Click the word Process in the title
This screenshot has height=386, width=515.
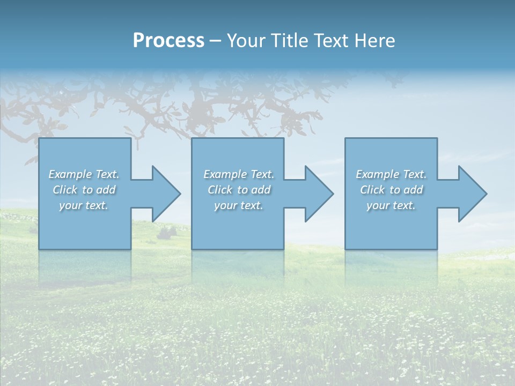pos(168,41)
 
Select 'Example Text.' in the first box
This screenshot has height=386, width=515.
pos(84,174)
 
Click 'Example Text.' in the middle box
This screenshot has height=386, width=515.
pos(239,174)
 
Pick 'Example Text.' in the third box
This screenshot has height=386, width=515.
pos(391,174)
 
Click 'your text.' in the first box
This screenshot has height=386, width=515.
pos(84,205)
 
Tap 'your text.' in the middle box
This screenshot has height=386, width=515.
pos(239,205)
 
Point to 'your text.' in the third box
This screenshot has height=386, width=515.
pos(391,205)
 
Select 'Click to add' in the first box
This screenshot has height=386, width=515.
pos(84,190)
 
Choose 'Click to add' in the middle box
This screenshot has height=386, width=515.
pos(239,190)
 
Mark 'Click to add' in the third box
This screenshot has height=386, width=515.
pos(391,190)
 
